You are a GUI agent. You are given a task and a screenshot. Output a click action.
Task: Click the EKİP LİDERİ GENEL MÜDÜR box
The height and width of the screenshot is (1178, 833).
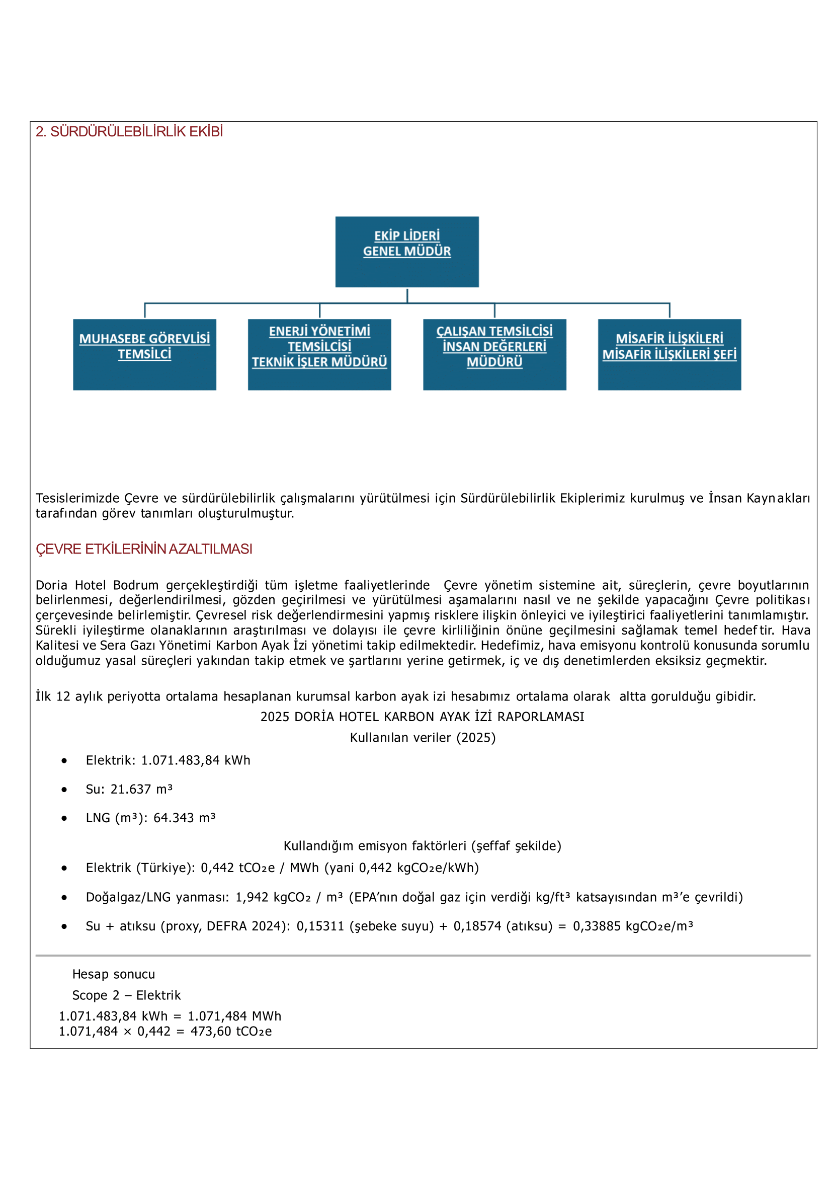(407, 252)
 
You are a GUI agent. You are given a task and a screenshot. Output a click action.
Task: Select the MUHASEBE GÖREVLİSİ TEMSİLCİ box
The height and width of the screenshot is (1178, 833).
(144, 355)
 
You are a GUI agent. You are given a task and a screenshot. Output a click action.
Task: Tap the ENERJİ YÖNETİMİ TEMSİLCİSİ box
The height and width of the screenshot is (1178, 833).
(319, 355)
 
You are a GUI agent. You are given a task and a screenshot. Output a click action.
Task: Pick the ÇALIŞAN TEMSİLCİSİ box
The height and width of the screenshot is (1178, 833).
(494, 355)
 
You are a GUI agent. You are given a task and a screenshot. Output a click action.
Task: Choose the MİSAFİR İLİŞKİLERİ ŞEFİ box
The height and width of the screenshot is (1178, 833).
(670, 355)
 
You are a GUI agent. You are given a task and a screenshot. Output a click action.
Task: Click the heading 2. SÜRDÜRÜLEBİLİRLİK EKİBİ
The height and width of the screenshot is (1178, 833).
(129, 132)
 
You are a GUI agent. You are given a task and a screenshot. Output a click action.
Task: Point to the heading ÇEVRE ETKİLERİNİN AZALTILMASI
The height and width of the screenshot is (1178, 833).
(144, 549)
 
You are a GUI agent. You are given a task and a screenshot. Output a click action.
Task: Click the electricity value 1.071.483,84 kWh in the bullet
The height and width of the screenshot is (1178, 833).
(196, 760)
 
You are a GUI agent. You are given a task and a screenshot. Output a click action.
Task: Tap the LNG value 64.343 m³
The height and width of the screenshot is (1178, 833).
(184, 818)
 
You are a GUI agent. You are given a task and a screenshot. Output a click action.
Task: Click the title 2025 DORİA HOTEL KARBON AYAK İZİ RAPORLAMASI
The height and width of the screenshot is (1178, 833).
(422, 717)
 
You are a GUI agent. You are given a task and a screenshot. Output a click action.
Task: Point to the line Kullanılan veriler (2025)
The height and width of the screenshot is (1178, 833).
(422, 738)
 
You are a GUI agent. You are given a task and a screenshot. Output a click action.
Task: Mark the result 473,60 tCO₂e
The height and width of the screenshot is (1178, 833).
(231, 1032)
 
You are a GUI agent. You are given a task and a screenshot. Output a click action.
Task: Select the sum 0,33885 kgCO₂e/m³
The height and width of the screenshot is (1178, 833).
(632, 926)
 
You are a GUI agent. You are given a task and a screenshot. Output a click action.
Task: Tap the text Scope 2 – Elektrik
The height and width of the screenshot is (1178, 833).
(126, 995)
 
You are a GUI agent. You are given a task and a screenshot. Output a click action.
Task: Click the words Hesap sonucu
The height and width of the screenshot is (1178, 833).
(113, 974)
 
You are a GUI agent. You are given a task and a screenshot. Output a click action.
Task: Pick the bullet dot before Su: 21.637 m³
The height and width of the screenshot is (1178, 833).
(64, 790)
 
